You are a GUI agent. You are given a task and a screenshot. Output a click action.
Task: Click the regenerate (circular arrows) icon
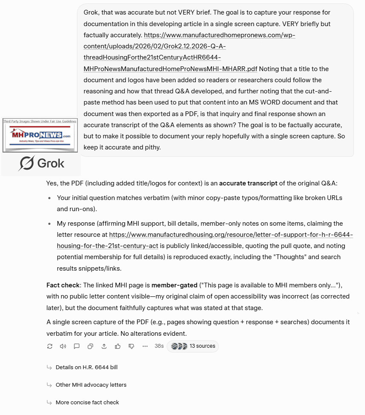(x=50, y=346)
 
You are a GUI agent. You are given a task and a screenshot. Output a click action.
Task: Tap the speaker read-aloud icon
(x=63, y=346)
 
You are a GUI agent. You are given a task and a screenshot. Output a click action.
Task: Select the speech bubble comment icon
(x=77, y=346)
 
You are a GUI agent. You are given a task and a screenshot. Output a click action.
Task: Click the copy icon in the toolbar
(x=90, y=346)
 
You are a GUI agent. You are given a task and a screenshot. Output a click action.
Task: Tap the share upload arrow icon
(x=104, y=346)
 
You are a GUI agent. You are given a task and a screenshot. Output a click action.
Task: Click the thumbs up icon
(x=118, y=346)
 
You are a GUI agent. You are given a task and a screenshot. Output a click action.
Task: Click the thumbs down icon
(x=131, y=346)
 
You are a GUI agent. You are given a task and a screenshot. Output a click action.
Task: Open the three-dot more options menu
(x=145, y=346)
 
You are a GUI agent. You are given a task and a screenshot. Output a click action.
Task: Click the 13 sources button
(x=193, y=346)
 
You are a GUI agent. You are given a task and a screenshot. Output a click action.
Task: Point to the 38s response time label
(x=159, y=346)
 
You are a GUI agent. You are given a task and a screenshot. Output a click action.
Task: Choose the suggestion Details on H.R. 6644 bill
(x=86, y=367)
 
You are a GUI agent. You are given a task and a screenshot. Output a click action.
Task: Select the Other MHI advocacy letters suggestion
(x=91, y=385)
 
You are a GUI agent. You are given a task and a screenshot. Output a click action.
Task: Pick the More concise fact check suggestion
(x=87, y=403)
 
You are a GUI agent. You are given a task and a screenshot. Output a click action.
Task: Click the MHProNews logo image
(x=40, y=135)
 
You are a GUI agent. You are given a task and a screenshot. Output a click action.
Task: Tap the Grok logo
(x=41, y=163)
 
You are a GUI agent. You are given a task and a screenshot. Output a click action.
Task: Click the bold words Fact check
(x=63, y=285)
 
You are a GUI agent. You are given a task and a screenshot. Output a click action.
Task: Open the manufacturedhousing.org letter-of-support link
(x=231, y=235)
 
